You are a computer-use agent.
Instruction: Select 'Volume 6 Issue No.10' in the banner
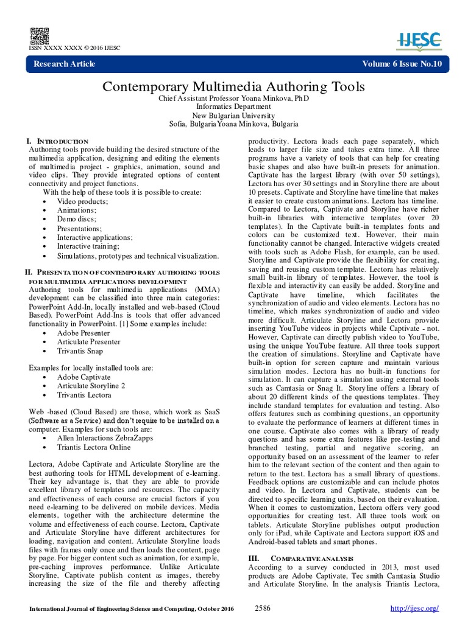[x=401, y=64]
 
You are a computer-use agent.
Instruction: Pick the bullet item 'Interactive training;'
[x=88, y=246]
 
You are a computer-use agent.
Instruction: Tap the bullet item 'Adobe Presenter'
[x=85, y=333]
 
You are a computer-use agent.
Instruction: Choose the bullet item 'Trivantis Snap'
[x=80, y=351]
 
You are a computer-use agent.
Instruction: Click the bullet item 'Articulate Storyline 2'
[x=91, y=386]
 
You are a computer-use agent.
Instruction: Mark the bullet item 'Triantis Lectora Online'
[x=94, y=447]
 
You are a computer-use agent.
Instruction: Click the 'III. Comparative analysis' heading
[x=296, y=558]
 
